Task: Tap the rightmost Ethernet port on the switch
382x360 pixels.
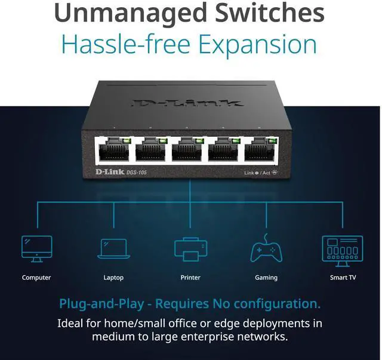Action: pyautogui.click(x=261, y=150)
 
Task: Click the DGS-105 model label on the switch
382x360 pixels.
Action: pyautogui.click(x=137, y=173)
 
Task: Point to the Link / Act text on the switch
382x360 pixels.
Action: pyautogui.click(x=258, y=173)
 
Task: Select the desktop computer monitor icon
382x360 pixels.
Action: pyautogui.click(x=36, y=248)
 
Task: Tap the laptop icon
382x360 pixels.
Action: pyautogui.click(x=113, y=249)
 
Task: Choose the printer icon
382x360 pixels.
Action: pyautogui.click(x=190, y=248)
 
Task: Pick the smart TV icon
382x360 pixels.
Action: pyautogui.click(x=343, y=250)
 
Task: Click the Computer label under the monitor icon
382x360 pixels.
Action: pyautogui.click(x=36, y=278)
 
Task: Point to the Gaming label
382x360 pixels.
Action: pyautogui.click(x=266, y=278)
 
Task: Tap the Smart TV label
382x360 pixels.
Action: pyautogui.click(x=343, y=278)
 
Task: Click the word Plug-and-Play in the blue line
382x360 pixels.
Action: pyautogui.click(x=101, y=304)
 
